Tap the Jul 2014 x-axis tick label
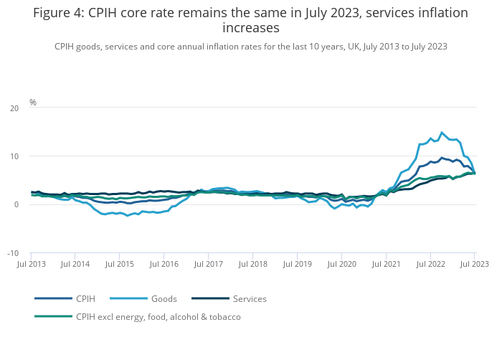[75, 264]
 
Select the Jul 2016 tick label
[164, 264]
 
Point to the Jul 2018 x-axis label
[252, 264]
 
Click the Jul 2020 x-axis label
[341, 264]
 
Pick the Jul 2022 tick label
[430, 264]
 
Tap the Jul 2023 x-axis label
[474, 264]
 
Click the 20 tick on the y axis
[15, 108]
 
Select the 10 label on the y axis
[15, 156]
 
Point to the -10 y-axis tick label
[14, 253]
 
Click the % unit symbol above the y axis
[33, 103]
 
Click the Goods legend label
[164, 298]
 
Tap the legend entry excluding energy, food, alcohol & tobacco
[158, 316]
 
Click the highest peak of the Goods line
[442, 132]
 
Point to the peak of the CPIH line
[442, 158]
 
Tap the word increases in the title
[251, 29]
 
